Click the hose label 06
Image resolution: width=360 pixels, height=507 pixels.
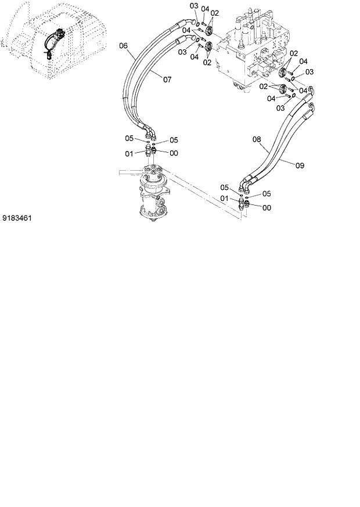tap(123, 46)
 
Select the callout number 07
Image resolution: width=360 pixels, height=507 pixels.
tap(167, 79)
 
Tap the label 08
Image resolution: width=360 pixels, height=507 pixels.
tap(257, 139)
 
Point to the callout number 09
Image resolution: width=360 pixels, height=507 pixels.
tap(300, 166)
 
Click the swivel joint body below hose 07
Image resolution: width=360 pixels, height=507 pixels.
tap(152, 195)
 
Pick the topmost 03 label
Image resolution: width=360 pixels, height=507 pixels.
tap(195, 6)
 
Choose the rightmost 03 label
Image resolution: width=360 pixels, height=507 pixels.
tap(309, 71)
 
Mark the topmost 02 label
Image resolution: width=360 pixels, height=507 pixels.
tap(214, 12)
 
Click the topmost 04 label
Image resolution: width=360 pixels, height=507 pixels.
tap(204, 9)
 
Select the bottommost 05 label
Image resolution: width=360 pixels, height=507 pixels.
tap(267, 193)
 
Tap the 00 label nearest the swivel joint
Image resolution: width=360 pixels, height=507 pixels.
tap(174, 153)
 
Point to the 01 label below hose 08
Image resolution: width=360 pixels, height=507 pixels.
tap(225, 199)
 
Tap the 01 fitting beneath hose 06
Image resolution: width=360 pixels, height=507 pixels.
tap(149, 152)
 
